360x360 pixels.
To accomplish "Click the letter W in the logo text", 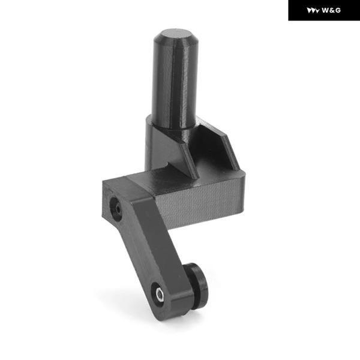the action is click(326, 10).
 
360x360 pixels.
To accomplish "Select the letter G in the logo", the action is click(338, 10).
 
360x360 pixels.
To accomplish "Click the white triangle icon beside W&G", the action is click(313, 11).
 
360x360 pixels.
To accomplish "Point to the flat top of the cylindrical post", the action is click(175, 34).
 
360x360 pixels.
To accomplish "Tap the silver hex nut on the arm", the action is click(159, 295).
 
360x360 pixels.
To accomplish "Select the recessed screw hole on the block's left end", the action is click(115, 209).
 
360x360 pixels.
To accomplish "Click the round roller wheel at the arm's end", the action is click(197, 286).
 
